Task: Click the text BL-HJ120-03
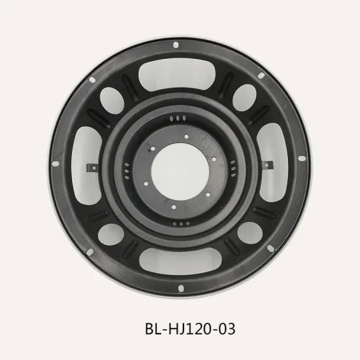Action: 180,329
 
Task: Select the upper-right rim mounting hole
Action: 262,77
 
